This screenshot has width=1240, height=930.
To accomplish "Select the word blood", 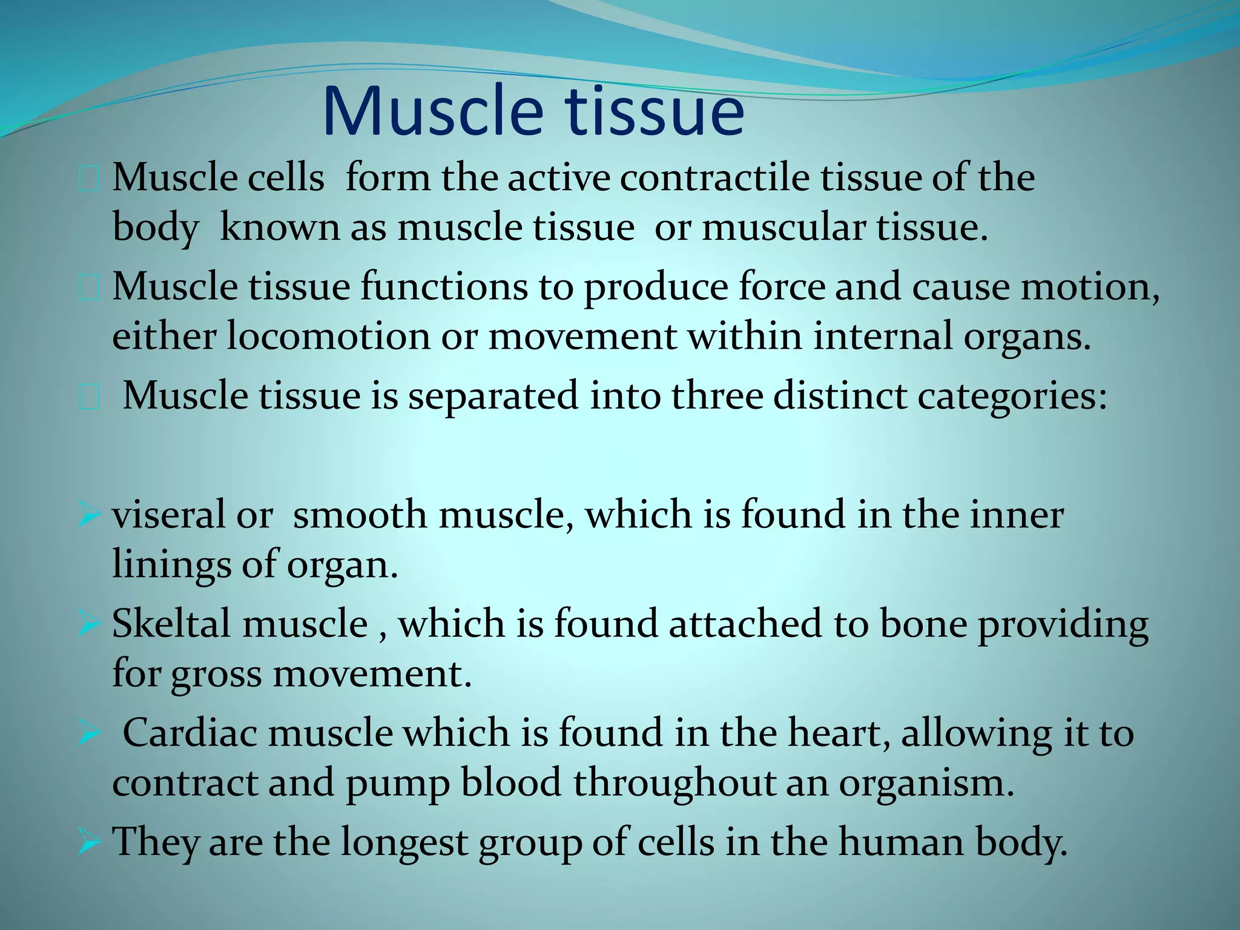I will pos(511,782).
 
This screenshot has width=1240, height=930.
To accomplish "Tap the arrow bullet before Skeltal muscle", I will pos(89,625).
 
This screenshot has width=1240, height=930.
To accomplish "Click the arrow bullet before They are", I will pos(89,843).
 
